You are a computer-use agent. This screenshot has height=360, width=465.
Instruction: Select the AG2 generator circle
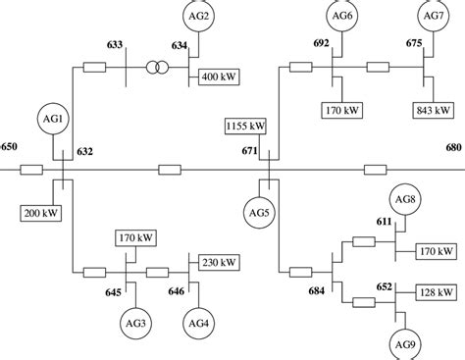tap(201, 17)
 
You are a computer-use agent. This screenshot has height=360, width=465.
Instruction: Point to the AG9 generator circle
tap(404, 342)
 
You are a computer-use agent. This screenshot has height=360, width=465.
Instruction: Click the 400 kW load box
tap(222, 76)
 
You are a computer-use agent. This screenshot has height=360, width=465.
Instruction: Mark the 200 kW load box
tap(38, 212)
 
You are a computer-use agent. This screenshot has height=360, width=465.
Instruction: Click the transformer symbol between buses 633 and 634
tap(156, 68)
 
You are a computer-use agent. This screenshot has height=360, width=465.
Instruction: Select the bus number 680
tap(451, 146)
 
